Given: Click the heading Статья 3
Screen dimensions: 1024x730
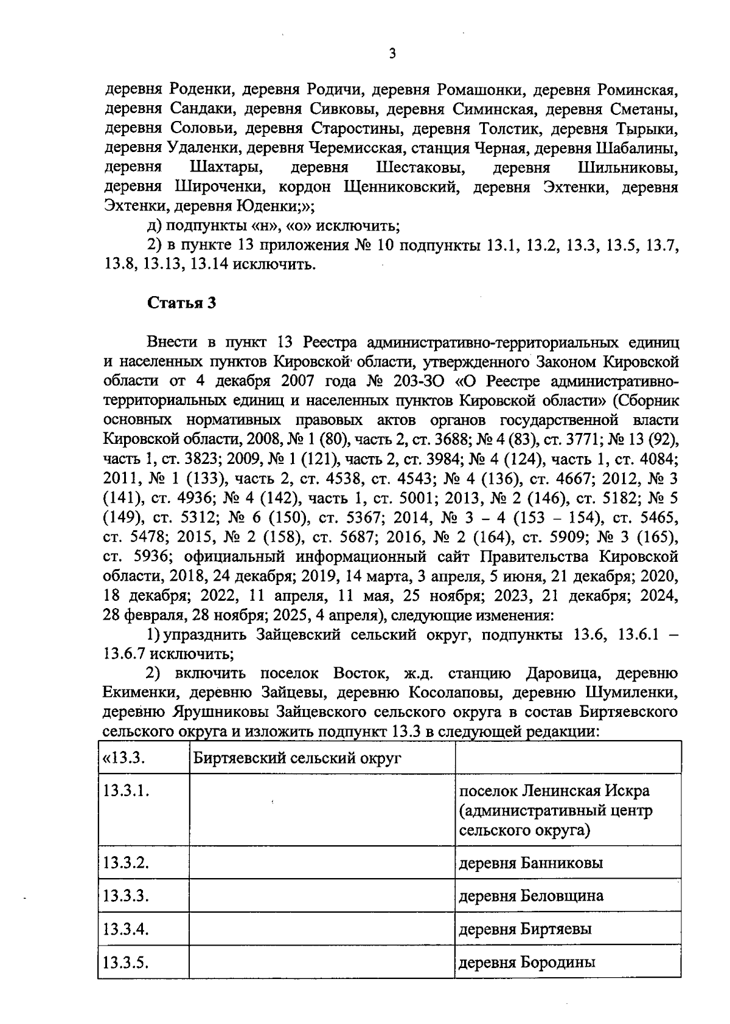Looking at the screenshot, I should (x=182, y=303).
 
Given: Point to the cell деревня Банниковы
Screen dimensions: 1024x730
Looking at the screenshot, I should (x=530, y=863).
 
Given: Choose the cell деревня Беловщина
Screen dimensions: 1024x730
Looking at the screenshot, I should (x=530, y=896).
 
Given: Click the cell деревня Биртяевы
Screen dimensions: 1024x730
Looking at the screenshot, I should (x=524, y=929).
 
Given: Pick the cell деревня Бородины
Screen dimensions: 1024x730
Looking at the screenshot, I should (x=526, y=963).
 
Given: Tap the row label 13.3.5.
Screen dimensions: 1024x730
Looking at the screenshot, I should (x=127, y=963).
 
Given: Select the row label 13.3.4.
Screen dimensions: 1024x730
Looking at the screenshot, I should (x=127, y=929).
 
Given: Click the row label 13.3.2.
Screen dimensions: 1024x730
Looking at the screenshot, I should (x=127, y=863).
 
